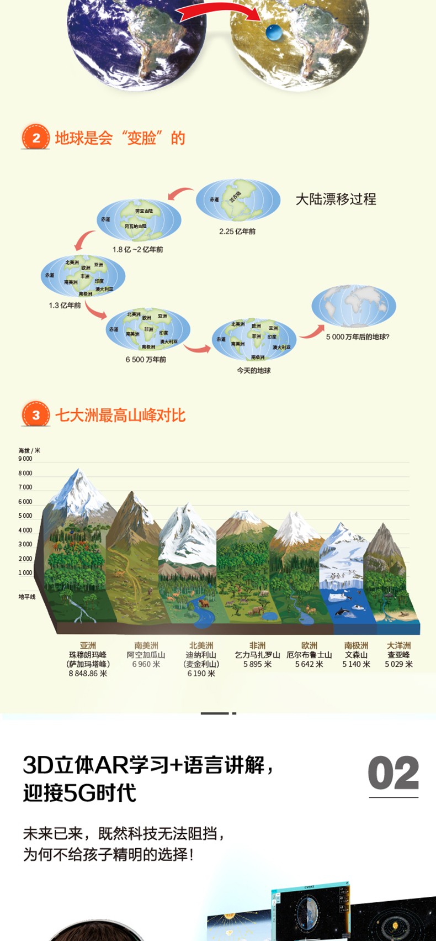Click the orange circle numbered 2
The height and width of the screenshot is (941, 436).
[36, 138]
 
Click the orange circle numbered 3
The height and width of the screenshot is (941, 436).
[36, 415]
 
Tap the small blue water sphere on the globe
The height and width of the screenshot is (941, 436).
[273, 33]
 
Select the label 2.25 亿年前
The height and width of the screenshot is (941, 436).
[237, 232]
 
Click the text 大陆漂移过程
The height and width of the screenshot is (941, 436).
[336, 199]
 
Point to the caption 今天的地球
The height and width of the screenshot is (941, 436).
[254, 370]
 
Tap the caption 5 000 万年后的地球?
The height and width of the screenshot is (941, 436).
[358, 337]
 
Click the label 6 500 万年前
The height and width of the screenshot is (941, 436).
[146, 359]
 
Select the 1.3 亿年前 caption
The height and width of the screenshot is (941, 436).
[65, 305]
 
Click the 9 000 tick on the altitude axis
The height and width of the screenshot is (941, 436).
[25, 459]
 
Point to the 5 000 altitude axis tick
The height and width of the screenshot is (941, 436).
[25, 516]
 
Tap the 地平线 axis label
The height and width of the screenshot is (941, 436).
[26, 597]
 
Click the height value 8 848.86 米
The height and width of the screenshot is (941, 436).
[88, 674]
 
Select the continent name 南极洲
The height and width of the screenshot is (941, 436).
[356, 645]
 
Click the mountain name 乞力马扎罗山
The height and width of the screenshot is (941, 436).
[257, 655]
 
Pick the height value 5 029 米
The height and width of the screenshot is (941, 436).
[398, 664]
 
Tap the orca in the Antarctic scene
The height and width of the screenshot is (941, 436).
[343, 612]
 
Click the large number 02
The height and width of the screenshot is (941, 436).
[393, 774]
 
